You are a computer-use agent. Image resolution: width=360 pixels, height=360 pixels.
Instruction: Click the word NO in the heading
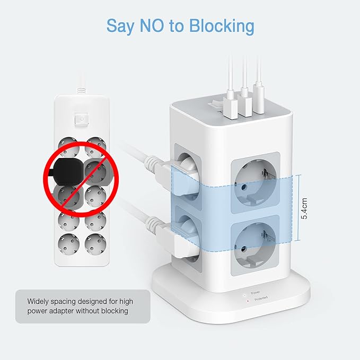point(152,25)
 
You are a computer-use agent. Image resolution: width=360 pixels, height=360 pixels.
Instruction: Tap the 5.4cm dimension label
point(304,208)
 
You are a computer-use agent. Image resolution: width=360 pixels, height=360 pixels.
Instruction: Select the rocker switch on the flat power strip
point(82,119)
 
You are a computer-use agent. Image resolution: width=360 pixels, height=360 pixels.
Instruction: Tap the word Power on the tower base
point(256,293)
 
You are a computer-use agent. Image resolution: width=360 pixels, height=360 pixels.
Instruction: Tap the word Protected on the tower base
point(261,298)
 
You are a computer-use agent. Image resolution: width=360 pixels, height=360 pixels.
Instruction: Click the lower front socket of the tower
point(255,245)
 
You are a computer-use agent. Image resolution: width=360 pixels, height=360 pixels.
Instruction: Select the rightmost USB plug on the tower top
point(259,99)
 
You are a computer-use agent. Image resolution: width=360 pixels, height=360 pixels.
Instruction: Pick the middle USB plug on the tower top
point(245,103)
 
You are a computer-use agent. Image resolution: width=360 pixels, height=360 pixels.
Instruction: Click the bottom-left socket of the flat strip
point(68,244)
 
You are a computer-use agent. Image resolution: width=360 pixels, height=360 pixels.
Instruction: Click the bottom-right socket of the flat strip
point(95,244)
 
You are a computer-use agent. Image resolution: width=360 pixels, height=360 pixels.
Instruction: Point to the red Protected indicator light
point(248,301)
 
